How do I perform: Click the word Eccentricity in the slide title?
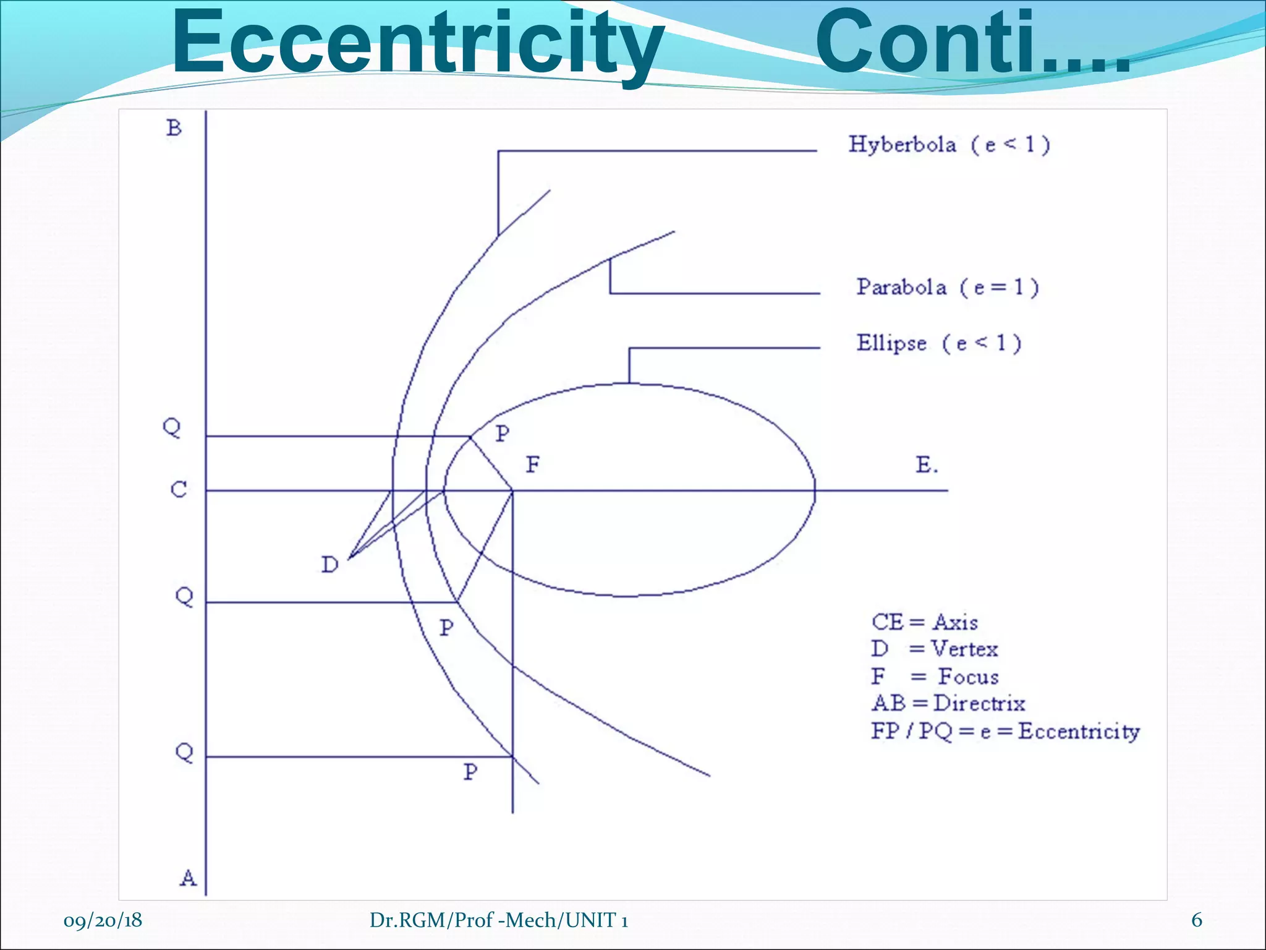tap(418, 45)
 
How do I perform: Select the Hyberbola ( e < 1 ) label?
tap(949, 145)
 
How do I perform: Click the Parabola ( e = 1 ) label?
tap(947, 287)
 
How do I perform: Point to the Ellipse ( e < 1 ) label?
tap(938, 343)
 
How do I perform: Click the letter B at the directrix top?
tap(174, 128)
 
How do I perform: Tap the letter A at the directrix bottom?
tap(188, 878)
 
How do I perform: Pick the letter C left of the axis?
tap(179, 490)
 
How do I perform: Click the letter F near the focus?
tap(533, 464)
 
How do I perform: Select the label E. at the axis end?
tap(927, 465)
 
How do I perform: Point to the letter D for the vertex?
tap(329, 564)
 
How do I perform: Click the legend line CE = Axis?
tap(925, 622)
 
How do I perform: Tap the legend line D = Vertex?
tap(934, 649)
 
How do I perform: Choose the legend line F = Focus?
tap(935, 677)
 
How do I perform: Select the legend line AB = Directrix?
tap(948, 704)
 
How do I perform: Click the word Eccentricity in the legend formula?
tap(1079, 732)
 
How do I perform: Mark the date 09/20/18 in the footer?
tap(103, 920)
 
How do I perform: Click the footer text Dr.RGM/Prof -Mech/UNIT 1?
tap(499, 920)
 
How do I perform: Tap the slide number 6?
tap(1197, 920)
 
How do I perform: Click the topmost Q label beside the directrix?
tap(172, 427)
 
